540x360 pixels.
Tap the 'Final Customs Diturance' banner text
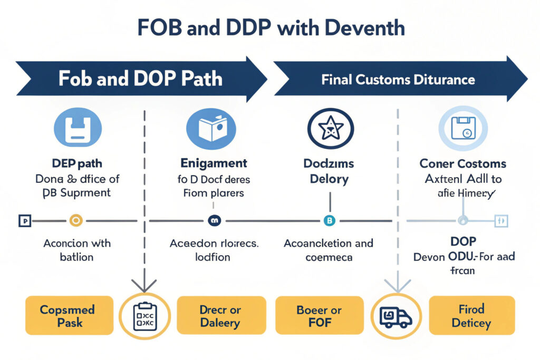[398, 80]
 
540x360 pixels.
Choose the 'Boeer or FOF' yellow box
[320, 315]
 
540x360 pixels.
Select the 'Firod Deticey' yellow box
[471, 315]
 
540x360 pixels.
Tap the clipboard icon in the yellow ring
[145, 316]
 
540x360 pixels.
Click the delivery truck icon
[396, 316]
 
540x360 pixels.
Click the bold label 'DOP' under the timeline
[464, 241]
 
